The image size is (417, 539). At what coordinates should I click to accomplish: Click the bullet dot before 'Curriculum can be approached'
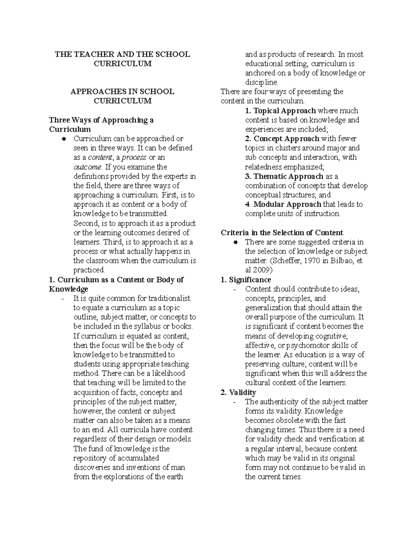(x=64, y=139)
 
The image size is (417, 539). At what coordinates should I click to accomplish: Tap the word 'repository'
(x=92, y=458)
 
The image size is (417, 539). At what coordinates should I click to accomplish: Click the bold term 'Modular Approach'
(x=287, y=204)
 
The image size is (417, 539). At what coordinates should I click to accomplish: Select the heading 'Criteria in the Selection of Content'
(x=282, y=233)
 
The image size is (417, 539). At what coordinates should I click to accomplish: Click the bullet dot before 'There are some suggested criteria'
(x=235, y=242)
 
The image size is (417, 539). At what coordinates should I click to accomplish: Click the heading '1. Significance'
(x=246, y=279)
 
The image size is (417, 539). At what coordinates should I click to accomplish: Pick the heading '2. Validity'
(x=238, y=392)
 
